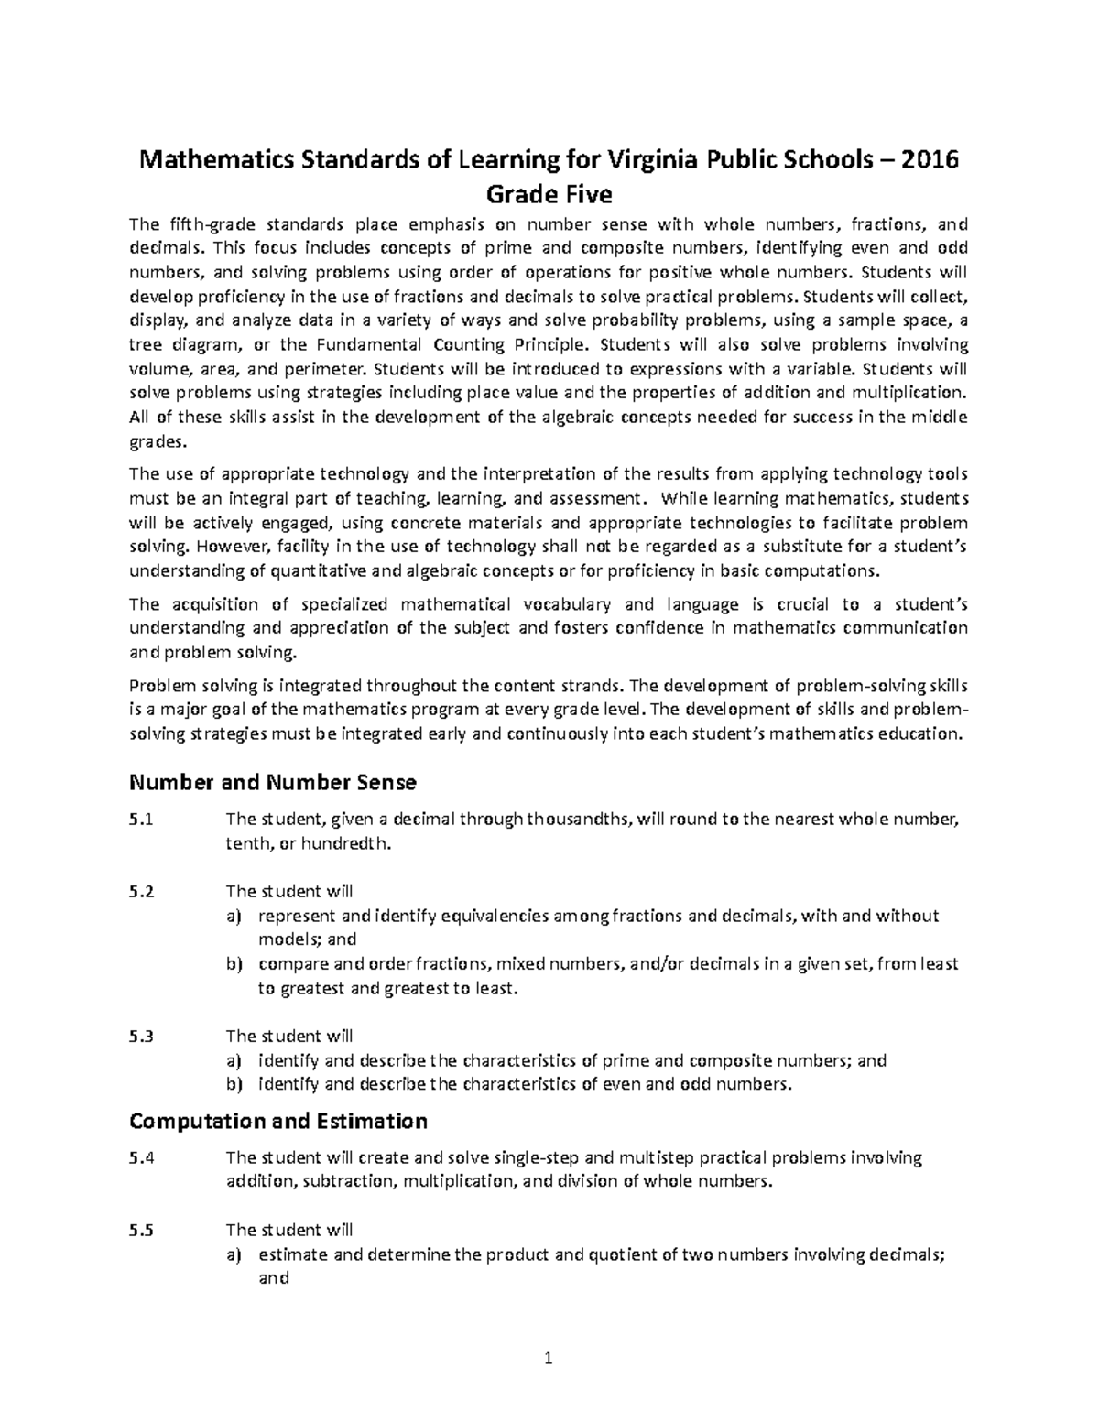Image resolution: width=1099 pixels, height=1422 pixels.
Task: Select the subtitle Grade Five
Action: pyautogui.click(x=549, y=194)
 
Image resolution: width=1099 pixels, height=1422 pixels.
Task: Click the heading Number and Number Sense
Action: pyautogui.click(x=273, y=782)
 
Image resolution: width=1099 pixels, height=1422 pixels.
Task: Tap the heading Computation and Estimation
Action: pyautogui.click(x=278, y=1121)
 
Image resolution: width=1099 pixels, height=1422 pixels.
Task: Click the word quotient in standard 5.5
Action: pyautogui.click(x=619, y=1254)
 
